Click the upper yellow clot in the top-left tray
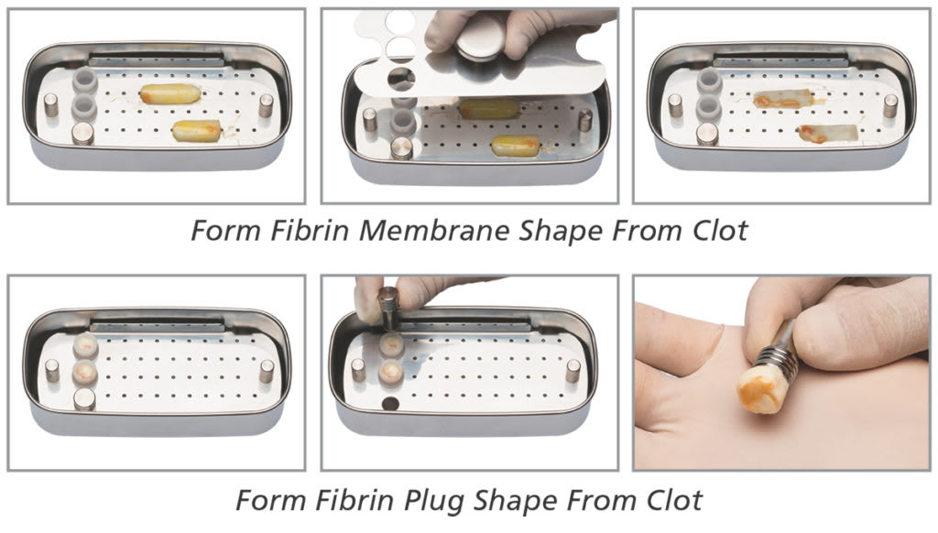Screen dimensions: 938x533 [x=169, y=94]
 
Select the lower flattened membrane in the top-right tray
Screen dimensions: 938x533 [x=829, y=134]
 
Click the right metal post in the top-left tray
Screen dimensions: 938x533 [x=266, y=105]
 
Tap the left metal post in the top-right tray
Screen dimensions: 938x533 [x=675, y=105]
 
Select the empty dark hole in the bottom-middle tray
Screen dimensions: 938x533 [x=390, y=405]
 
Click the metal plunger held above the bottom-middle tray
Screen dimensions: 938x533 [x=387, y=308]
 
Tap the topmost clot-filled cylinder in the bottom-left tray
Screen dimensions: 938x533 [x=85, y=346]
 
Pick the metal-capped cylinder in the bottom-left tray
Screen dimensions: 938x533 [x=84, y=399]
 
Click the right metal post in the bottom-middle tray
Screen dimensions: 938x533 [x=573, y=371]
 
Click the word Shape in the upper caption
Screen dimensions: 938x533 [x=560, y=230]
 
